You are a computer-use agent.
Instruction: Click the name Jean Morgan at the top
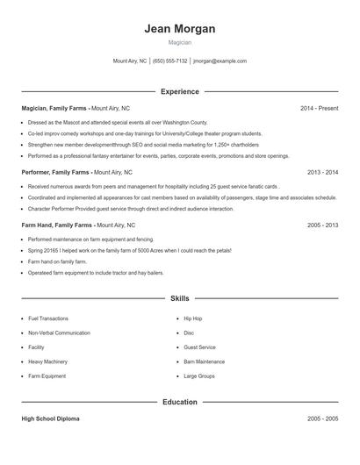180,29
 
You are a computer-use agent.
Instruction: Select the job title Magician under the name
180,42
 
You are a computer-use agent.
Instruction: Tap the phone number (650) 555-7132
170,61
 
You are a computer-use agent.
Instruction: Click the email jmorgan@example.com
220,61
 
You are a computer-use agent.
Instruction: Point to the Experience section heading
180,91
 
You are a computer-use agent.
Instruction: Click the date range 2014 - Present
319,108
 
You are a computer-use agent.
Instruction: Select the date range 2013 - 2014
322,173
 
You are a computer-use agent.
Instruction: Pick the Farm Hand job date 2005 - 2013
322,225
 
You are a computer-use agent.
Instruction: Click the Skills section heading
180,299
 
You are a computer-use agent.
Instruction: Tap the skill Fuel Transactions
48,318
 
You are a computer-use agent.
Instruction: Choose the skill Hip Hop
192,318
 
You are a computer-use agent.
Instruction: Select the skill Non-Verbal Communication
59,333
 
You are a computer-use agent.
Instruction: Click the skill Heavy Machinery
47,361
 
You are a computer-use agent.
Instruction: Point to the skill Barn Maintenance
204,361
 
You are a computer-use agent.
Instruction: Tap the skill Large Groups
198,376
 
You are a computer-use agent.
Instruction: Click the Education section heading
180,402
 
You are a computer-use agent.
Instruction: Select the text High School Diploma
51,418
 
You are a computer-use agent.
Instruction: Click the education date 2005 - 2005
322,418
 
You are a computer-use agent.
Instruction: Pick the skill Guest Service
199,347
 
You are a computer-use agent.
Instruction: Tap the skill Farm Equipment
47,376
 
